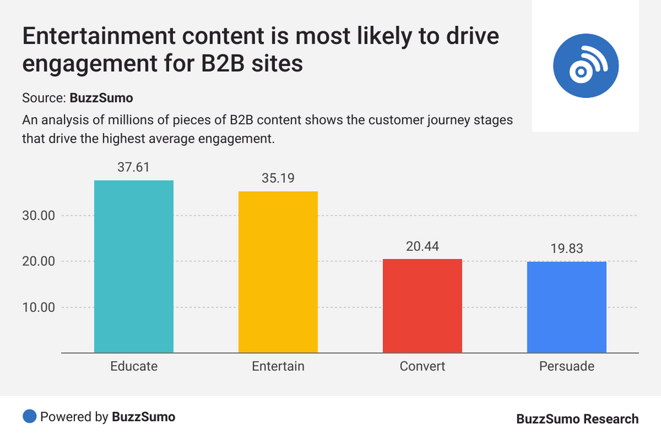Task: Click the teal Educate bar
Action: (x=134, y=266)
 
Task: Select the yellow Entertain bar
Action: (x=278, y=272)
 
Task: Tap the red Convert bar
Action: (x=422, y=306)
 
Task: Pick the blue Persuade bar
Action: (x=567, y=307)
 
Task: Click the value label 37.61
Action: (x=134, y=167)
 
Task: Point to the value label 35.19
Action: (x=278, y=178)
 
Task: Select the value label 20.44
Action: (x=422, y=246)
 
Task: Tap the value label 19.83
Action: (x=567, y=248)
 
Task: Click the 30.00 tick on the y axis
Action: (x=38, y=216)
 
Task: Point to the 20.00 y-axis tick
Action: (x=38, y=262)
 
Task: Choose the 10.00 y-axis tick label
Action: (x=38, y=308)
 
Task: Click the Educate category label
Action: (x=134, y=366)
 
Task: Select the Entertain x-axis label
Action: (x=278, y=366)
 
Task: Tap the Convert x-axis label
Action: (x=422, y=366)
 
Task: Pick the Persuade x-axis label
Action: (x=567, y=366)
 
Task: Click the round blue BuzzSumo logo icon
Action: (x=585, y=65)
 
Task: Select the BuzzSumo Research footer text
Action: (x=577, y=419)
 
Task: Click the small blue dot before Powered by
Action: (x=29, y=416)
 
